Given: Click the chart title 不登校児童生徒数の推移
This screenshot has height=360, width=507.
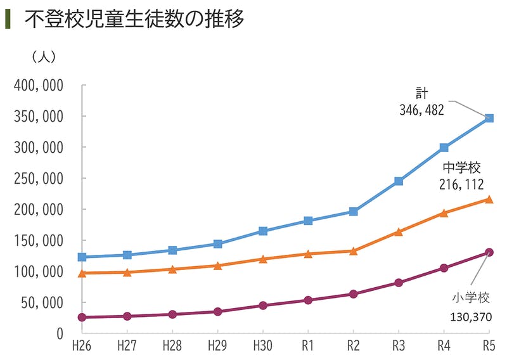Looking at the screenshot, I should coord(134,19).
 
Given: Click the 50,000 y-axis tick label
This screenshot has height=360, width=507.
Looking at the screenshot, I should coord(42,303).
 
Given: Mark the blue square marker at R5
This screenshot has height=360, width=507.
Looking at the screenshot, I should coord(489,119).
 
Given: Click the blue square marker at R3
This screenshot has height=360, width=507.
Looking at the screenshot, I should coord(399,181).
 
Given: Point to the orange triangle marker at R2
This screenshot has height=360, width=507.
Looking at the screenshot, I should coord(353,251).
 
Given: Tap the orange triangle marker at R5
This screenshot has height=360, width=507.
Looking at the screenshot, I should coord(489,199).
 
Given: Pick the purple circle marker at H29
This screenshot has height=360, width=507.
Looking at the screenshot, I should coord(218,312).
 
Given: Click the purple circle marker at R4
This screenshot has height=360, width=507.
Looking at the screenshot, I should coord(444,268).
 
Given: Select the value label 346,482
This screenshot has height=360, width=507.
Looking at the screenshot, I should coord(421,110).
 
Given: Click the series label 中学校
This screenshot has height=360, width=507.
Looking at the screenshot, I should coord(461,168).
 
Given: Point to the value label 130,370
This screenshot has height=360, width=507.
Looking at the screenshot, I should coord(470,316).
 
